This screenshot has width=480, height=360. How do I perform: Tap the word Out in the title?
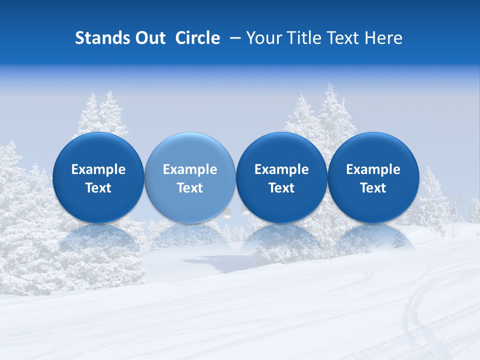pyautogui.click(x=149, y=38)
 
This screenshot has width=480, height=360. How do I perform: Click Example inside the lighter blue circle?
pyautogui.click(x=190, y=169)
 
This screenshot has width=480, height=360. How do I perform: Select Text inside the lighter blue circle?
pyautogui.click(x=190, y=188)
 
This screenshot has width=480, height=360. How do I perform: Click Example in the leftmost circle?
pyautogui.click(x=98, y=169)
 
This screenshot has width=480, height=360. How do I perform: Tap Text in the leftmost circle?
pyautogui.click(x=98, y=188)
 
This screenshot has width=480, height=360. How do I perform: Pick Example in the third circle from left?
pyautogui.click(x=281, y=169)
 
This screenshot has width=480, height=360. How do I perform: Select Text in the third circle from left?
pyautogui.click(x=281, y=188)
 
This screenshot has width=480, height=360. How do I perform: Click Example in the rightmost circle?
pyautogui.click(x=373, y=169)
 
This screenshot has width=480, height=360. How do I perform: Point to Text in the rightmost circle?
pyautogui.click(x=373, y=188)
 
